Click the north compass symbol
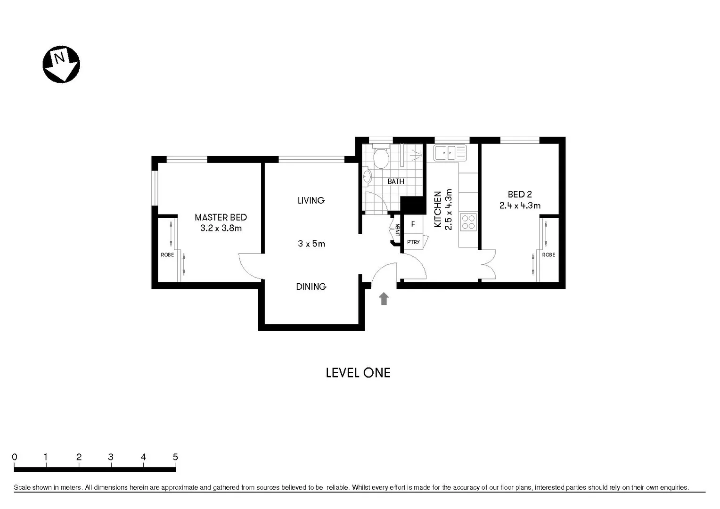(x=61, y=65)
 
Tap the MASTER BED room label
(x=221, y=217)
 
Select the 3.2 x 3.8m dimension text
(x=221, y=228)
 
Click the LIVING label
(x=311, y=200)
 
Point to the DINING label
(x=311, y=287)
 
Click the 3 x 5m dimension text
(x=311, y=244)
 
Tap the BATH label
(x=395, y=181)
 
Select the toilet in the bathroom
(x=380, y=158)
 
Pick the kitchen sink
(x=450, y=153)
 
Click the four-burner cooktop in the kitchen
(x=468, y=222)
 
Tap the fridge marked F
(x=413, y=224)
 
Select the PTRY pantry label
(x=413, y=242)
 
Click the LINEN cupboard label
(x=398, y=230)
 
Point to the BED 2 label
(x=520, y=194)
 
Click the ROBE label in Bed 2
(x=548, y=255)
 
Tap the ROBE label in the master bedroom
(x=167, y=255)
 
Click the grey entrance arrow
(x=384, y=298)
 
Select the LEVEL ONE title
(x=358, y=373)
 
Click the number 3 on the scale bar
(x=111, y=457)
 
